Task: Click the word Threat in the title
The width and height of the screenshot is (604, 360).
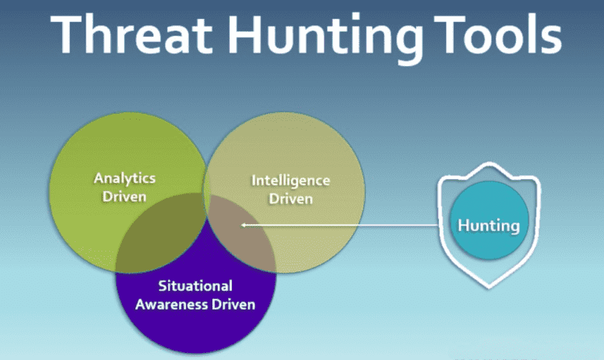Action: coord(132,34)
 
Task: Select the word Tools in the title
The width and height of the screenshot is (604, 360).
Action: coord(499,34)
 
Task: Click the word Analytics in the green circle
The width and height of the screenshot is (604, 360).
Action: coord(124,178)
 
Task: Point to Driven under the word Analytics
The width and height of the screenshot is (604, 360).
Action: coord(124,197)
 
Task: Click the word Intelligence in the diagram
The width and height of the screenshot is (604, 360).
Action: coord(290,181)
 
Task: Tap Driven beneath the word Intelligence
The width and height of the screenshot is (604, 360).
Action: coord(290,199)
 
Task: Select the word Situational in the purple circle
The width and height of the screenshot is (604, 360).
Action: coord(195,285)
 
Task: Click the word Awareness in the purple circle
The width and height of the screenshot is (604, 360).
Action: coord(171,304)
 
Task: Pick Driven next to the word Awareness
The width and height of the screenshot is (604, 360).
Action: coord(234,304)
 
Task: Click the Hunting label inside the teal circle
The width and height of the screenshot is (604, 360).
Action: coord(488,226)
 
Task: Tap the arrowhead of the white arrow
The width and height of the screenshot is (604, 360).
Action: coord(243,226)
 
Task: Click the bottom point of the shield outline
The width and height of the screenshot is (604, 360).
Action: coord(489,287)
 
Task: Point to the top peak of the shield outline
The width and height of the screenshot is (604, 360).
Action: coord(489,163)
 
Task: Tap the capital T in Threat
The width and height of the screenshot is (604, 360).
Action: coord(69,34)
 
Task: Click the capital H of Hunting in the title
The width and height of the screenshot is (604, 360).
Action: coord(245,34)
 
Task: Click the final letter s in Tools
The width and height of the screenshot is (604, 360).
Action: coord(551,40)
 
